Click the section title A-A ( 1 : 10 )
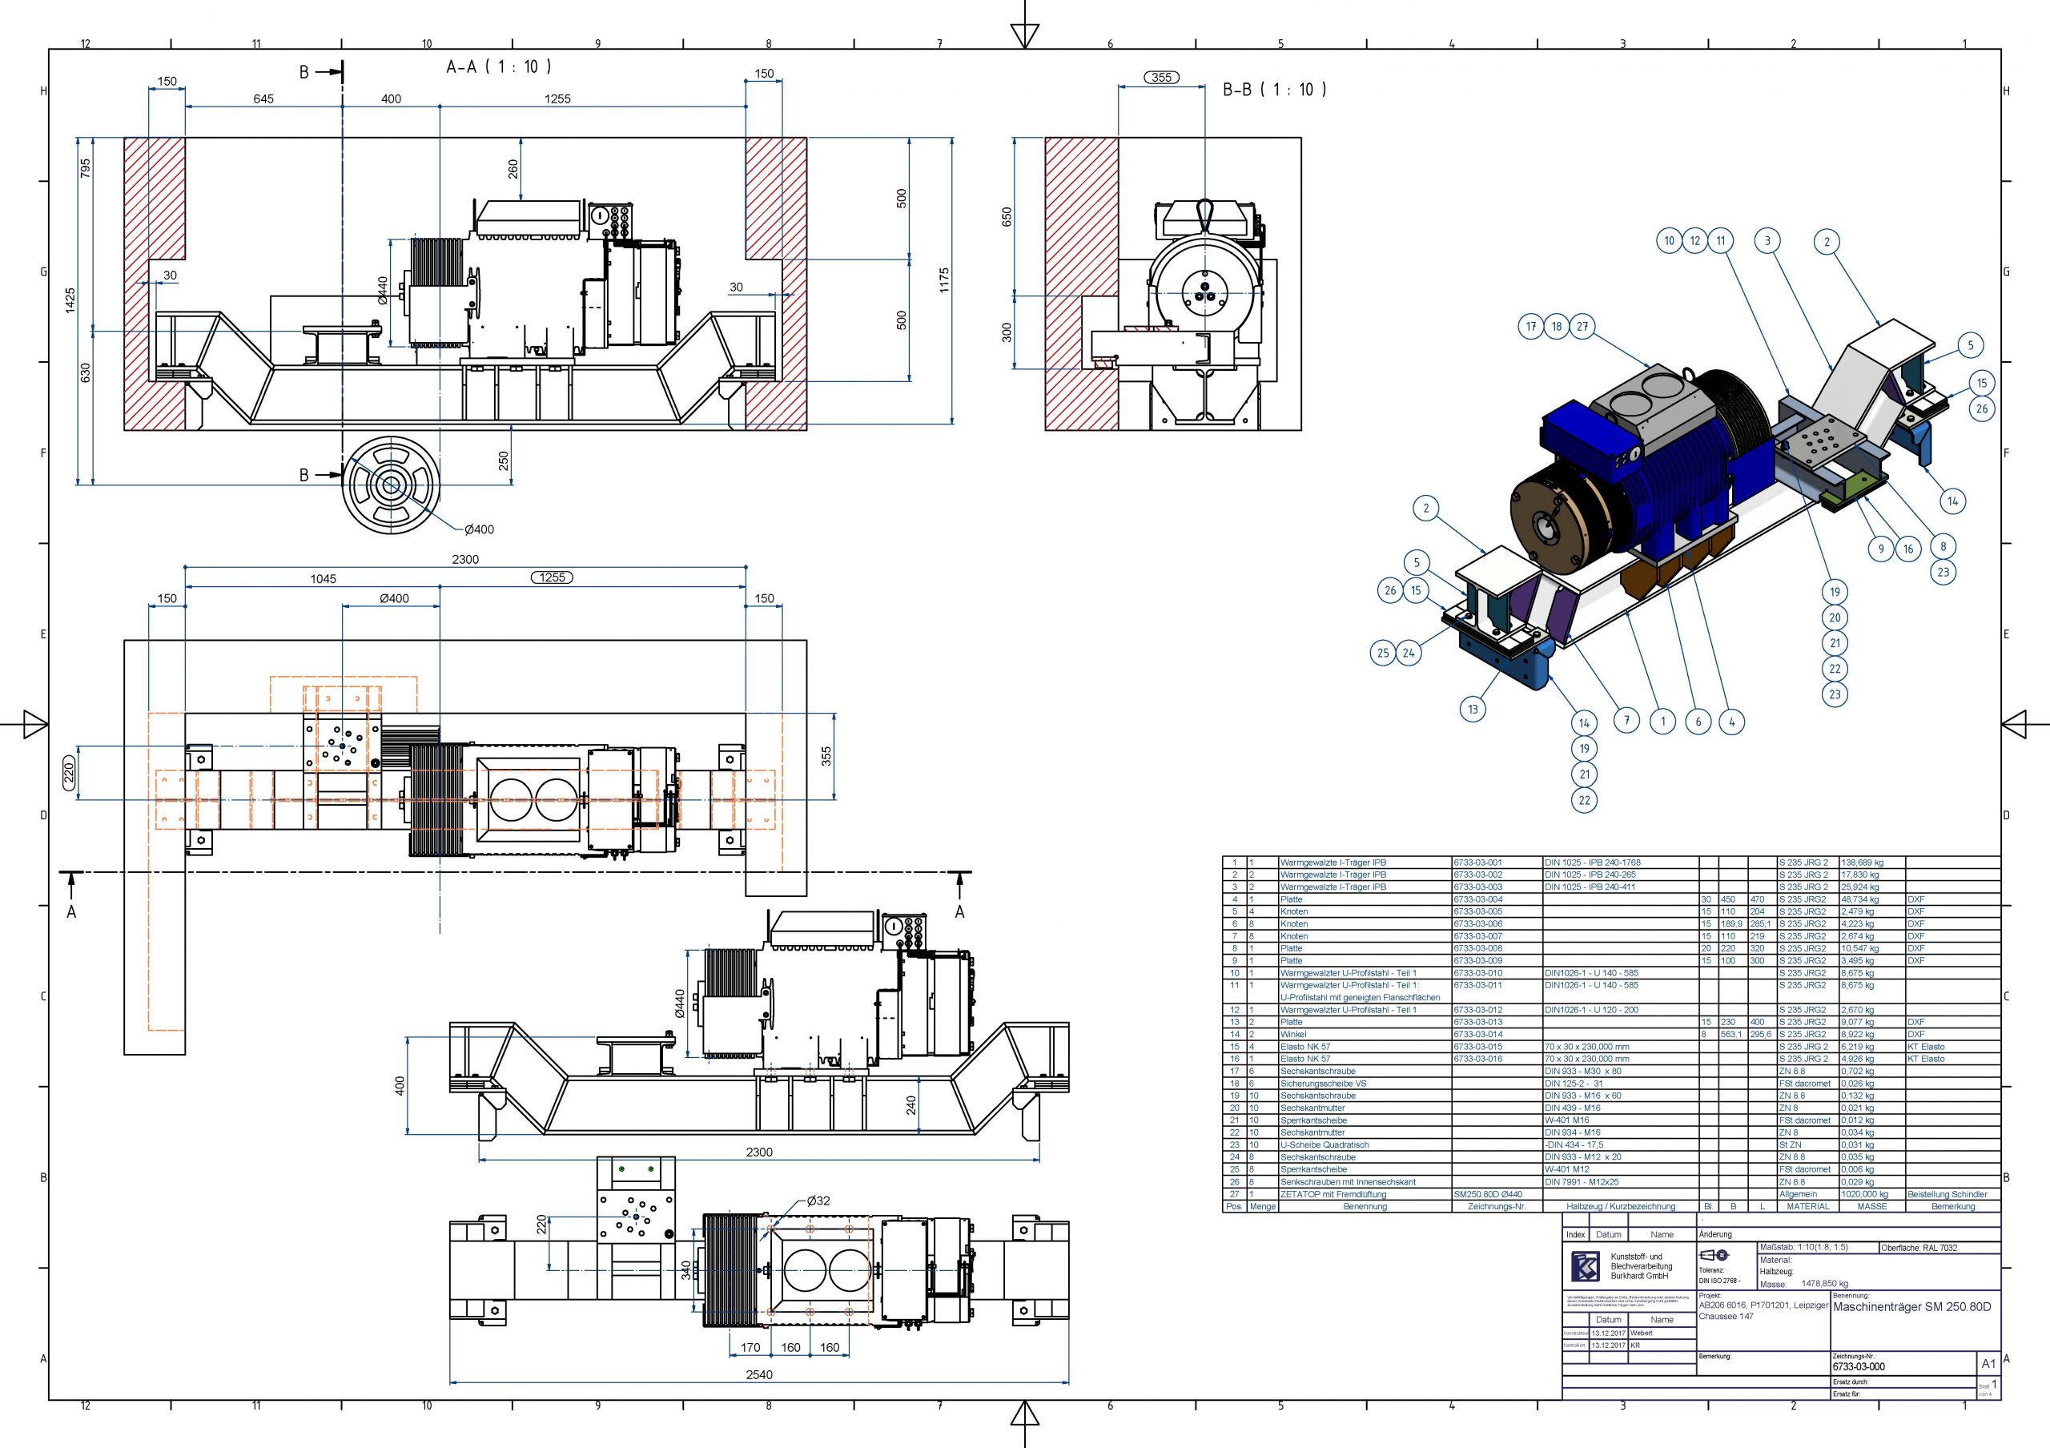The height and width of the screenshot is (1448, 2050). (x=498, y=67)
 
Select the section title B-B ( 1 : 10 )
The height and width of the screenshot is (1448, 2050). (x=1274, y=89)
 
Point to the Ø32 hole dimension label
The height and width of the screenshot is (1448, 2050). (x=818, y=1201)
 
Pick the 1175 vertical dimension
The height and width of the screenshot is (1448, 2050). (x=944, y=280)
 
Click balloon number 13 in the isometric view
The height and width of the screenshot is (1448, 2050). (x=1473, y=710)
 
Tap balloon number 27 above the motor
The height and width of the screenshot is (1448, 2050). (x=1582, y=327)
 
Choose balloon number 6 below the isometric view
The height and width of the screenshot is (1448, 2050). (x=1698, y=722)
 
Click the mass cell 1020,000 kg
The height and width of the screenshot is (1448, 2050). (x=1863, y=1193)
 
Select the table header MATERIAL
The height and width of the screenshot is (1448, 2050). (x=1808, y=1206)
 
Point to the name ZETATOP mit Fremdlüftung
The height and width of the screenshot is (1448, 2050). (x=1333, y=1193)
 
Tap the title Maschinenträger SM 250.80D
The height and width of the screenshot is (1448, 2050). (x=1911, y=1307)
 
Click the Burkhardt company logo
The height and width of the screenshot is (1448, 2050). (x=1586, y=1266)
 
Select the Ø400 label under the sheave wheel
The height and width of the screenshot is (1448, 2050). (x=479, y=529)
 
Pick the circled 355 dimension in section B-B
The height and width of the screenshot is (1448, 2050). (x=1160, y=78)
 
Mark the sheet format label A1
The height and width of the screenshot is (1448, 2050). (x=1988, y=1364)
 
